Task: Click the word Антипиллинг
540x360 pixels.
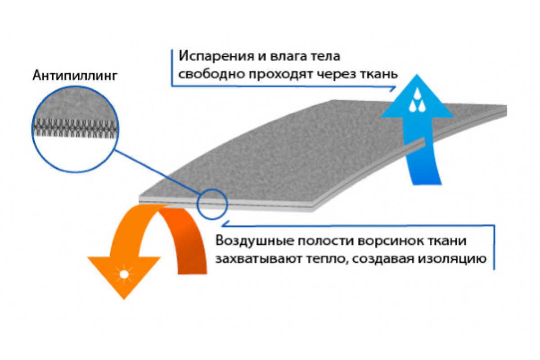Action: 75,75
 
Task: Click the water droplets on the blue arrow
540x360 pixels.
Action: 417,100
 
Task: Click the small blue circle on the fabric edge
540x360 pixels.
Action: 212,204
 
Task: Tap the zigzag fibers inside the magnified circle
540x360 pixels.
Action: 76,127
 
